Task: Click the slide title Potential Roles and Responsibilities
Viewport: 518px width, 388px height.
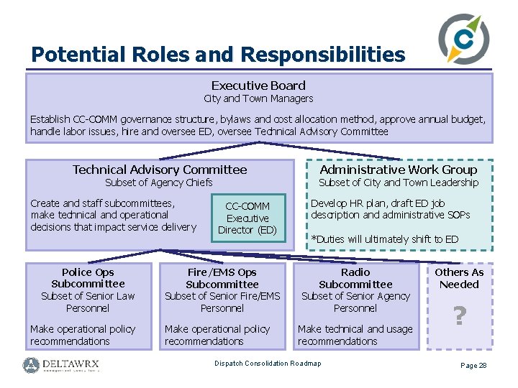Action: (218, 55)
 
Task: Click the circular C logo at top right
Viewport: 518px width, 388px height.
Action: (463, 40)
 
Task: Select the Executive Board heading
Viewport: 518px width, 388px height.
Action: (258, 86)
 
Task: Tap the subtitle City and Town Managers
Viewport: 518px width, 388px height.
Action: (258, 98)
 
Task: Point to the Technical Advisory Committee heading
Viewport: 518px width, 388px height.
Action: (160, 170)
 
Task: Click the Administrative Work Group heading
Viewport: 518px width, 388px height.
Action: (399, 170)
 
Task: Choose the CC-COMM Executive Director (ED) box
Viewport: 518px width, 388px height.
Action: (247, 218)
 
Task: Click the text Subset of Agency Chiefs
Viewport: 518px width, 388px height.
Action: (159, 183)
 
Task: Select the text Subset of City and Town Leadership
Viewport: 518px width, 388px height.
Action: (399, 183)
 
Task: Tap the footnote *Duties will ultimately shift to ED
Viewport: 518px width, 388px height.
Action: (384, 239)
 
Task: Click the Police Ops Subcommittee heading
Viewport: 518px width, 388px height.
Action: (88, 278)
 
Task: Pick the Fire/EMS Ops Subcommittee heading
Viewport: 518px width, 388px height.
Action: (222, 278)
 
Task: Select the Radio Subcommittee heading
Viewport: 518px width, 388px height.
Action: (355, 278)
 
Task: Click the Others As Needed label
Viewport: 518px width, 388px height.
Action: (459, 278)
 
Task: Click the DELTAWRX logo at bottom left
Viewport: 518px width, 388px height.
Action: (61, 364)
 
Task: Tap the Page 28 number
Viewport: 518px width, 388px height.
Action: (473, 366)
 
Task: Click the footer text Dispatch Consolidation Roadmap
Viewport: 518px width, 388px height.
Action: (268, 364)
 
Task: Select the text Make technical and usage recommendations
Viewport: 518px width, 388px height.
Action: (355, 335)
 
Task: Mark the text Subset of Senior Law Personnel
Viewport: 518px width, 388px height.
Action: (88, 302)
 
